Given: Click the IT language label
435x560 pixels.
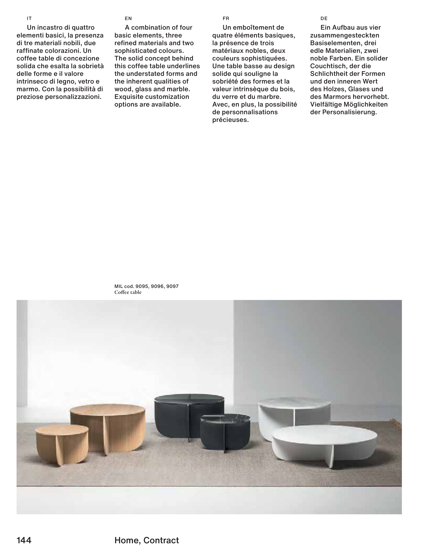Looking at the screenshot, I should click(29, 18).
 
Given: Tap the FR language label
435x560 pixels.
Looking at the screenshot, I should click(226, 18).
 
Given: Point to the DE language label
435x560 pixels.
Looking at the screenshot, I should click(324, 18).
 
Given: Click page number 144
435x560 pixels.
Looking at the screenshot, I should click(24, 540).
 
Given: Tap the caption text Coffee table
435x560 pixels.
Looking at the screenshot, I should click(128, 292).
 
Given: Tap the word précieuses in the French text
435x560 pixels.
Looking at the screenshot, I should click(230, 120).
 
